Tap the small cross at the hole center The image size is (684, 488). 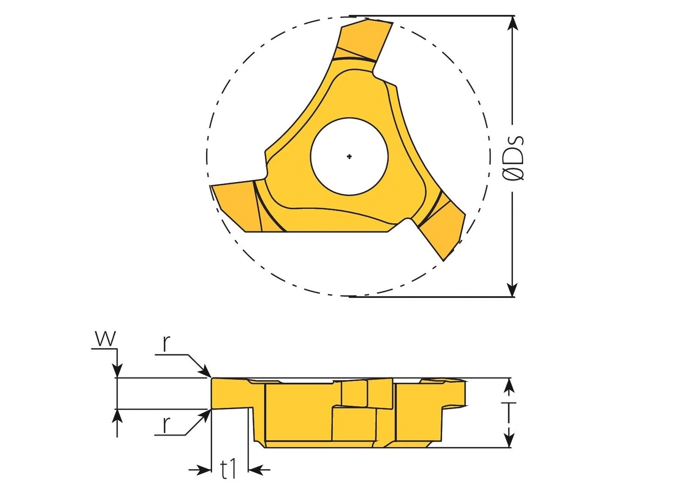(x=349, y=156)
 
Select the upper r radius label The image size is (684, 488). (x=167, y=344)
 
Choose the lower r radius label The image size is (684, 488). (x=167, y=425)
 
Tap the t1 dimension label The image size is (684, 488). (x=229, y=470)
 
